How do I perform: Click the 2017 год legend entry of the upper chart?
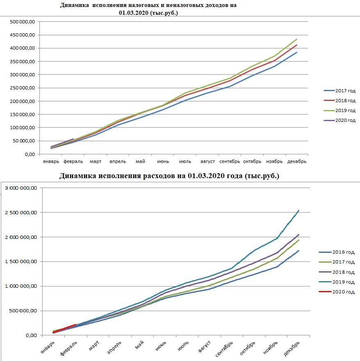(339, 91)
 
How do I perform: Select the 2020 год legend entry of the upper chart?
(339, 120)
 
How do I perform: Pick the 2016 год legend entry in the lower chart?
(337, 252)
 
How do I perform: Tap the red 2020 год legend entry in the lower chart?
(337, 292)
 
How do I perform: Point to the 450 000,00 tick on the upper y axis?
(23, 35)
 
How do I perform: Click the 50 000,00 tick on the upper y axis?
(24, 141)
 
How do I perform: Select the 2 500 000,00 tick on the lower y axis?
(21, 213)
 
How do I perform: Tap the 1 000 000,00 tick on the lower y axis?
(21, 286)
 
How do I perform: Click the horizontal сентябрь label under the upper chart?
(230, 161)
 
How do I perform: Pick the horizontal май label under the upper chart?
(140, 161)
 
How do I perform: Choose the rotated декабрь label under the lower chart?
(292, 348)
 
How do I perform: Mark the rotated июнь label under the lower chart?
(161, 346)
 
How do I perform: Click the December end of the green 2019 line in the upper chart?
(296, 39)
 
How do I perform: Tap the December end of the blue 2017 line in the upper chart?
(296, 53)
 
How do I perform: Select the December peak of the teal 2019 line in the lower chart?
(299, 210)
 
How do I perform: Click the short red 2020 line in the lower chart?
(64, 328)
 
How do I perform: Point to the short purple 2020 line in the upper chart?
(62, 143)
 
